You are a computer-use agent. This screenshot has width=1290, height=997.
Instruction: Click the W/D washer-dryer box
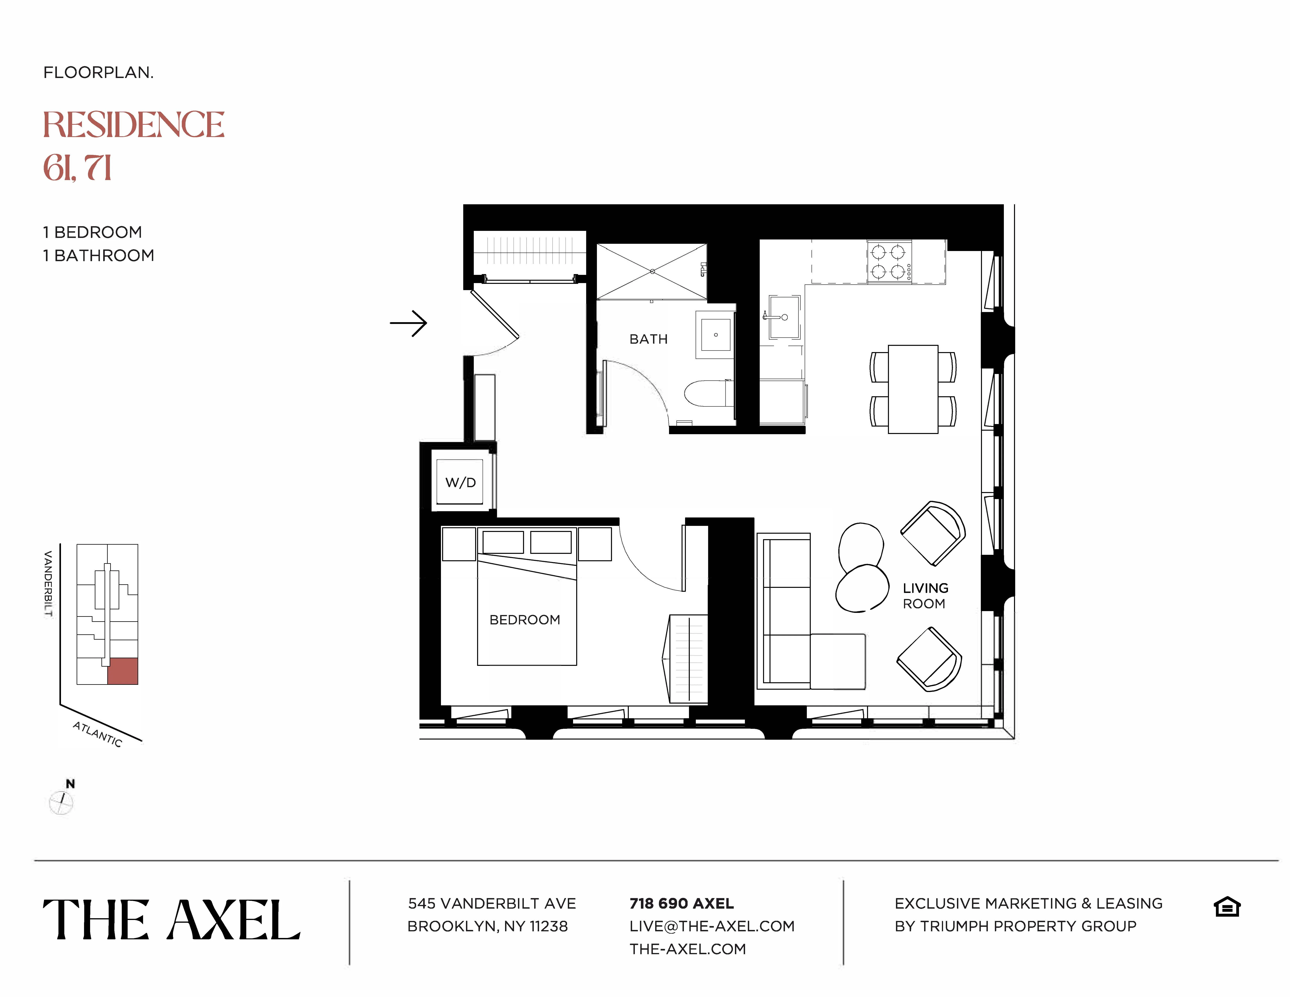(460, 482)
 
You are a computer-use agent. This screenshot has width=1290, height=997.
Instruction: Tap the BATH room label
(648, 339)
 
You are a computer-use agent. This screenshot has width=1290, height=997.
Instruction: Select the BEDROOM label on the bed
(525, 620)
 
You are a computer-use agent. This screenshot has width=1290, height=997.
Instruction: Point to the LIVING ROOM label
(925, 595)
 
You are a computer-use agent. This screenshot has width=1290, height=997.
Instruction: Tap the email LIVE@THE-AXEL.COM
(712, 926)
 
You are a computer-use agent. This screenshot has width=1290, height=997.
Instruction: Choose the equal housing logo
(1227, 907)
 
